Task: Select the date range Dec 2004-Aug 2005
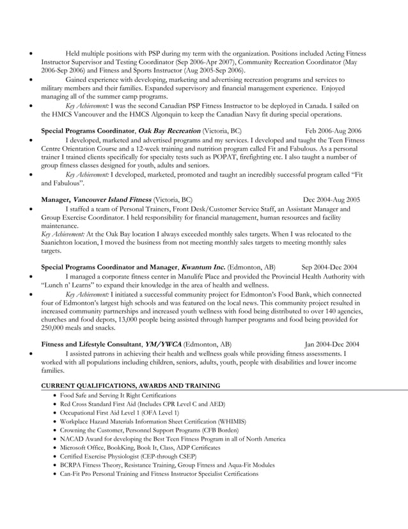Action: (332, 199)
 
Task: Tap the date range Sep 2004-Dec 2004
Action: (329, 267)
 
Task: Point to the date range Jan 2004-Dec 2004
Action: (332, 343)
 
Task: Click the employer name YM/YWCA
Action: (163, 343)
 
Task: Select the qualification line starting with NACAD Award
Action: (173, 439)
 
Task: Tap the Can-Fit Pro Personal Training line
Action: (159, 474)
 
